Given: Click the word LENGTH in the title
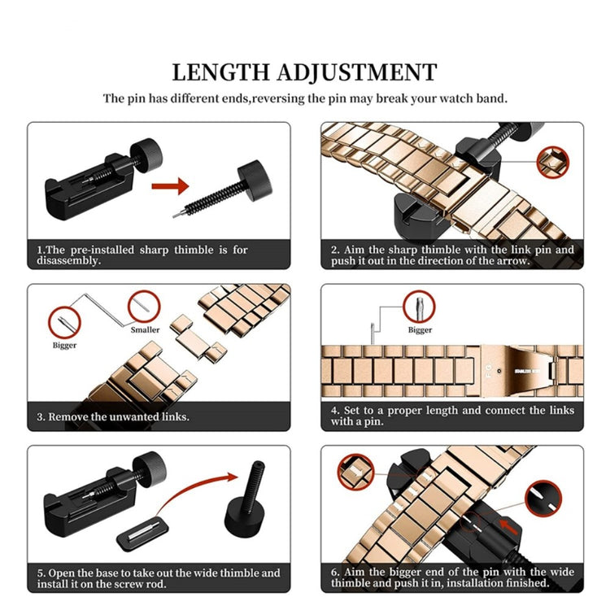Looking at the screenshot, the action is pyautogui.click(x=220, y=72).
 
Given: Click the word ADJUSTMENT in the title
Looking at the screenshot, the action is pyautogui.click(x=357, y=72).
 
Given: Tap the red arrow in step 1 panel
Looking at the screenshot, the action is pyautogui.click(x=170, y=186).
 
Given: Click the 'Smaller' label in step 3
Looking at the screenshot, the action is pyautogui.click(x=145, y=330).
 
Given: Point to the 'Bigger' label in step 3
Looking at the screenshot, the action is pyautogui.click(x=64, y=346).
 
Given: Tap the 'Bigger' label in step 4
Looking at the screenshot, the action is pyautogui.click(x=420, y=330).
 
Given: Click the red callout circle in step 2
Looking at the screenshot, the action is pyautogui.click(x=552, y=163).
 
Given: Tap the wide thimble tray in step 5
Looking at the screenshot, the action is pyautogui.click(x=143, y=534).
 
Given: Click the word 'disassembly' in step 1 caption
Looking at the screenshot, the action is pyautogui.click(x=68, y=260).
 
